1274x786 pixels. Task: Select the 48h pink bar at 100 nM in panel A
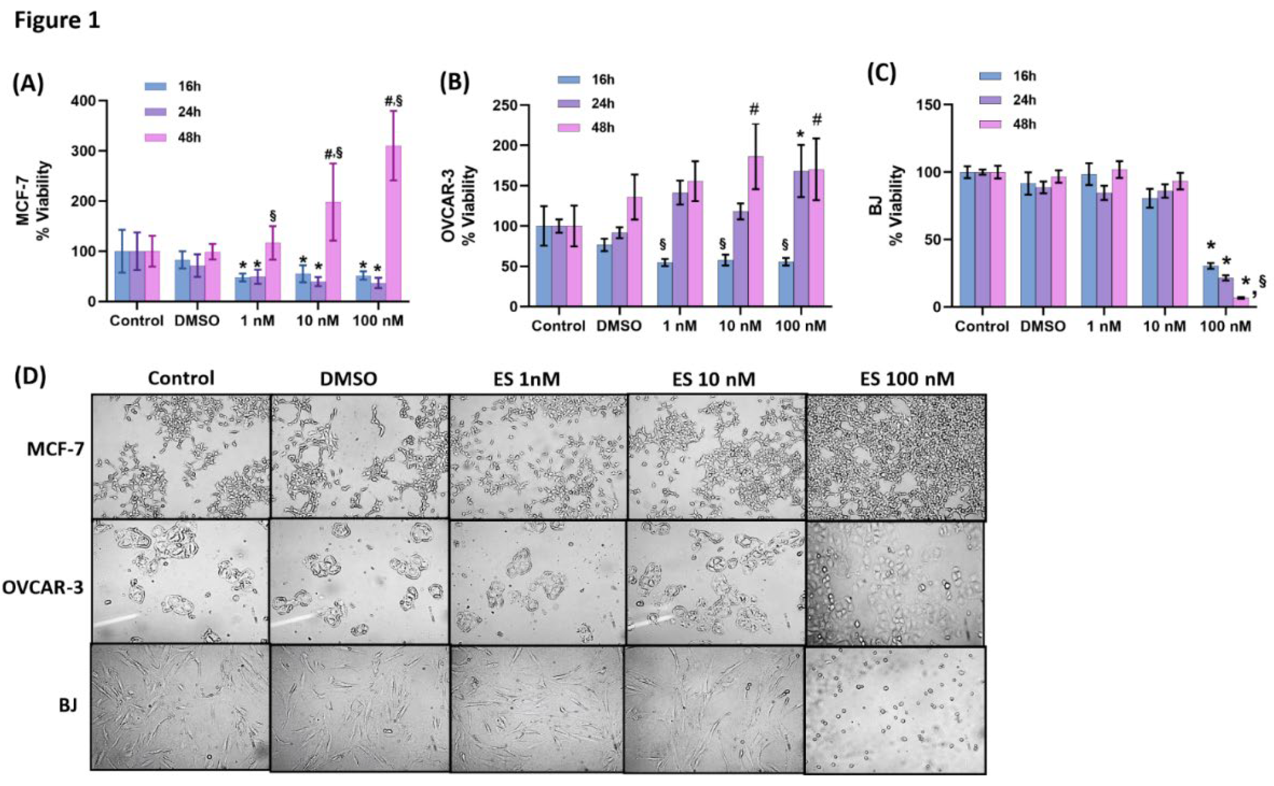[393, 224]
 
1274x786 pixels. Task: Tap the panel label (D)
[30, 376]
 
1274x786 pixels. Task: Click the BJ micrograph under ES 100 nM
[895, 710]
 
